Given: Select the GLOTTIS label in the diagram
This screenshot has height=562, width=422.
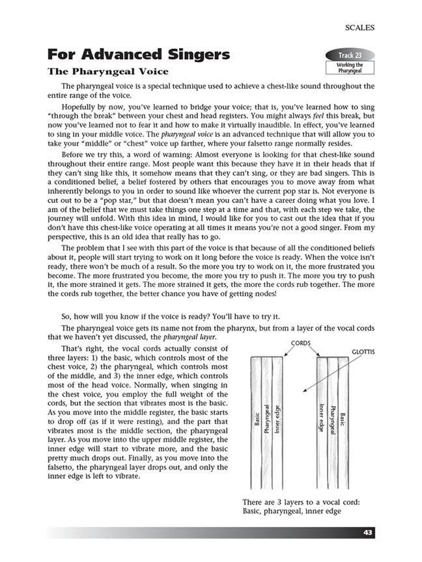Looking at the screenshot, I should [x=364, y=352].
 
